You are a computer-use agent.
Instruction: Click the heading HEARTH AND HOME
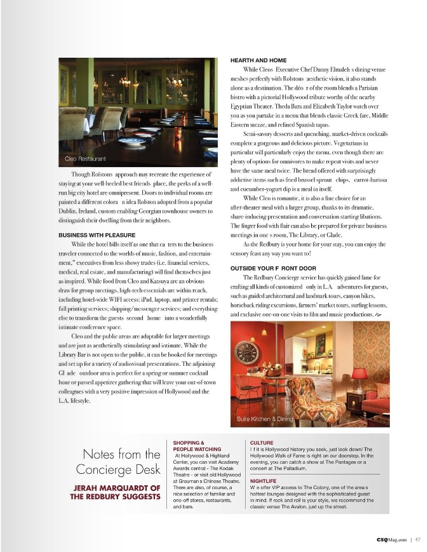[x=258, y=60]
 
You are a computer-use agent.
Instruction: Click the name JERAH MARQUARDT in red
[x=119, y=488]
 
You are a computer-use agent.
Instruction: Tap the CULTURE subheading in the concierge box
[x=262, y=442]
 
